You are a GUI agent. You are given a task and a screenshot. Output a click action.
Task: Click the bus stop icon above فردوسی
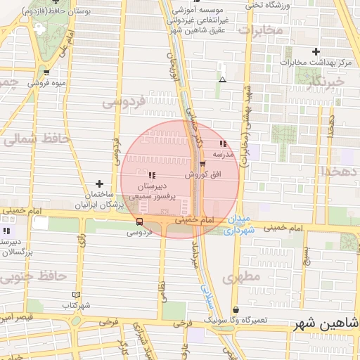pos(139,221)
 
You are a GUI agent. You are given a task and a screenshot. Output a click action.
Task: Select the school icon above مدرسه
pos(223,143)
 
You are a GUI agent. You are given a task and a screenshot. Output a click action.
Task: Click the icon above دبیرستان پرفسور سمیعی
pos(152,175)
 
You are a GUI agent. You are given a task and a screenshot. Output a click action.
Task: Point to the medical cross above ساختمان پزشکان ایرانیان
pos(99,184)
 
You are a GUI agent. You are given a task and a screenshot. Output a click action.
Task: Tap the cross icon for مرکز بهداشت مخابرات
pos(316,51)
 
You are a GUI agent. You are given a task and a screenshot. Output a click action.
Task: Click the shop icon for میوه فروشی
pos(46,72)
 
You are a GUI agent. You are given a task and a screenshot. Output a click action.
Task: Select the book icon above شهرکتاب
pos(77,295)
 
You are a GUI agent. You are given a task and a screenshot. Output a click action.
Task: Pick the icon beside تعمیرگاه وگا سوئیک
pos(235,309)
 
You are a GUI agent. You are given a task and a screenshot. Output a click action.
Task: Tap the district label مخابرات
pos(260,30)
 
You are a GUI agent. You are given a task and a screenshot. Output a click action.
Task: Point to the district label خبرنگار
pos(326,84)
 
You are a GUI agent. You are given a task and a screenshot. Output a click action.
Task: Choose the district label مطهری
pos(241,278)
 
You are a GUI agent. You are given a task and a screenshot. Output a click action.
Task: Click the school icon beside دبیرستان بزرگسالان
pos(6,231)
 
